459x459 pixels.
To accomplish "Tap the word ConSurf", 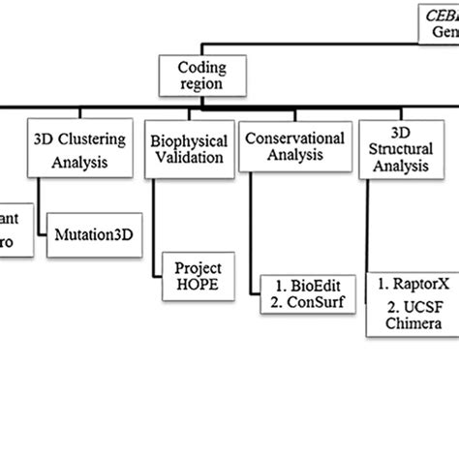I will pyautogui.click(x=303, y=301).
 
